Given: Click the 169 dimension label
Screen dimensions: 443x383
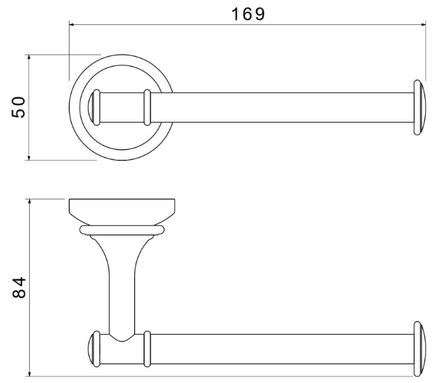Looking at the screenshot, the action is [x=248, y=14].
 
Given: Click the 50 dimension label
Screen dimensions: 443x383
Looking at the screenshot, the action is [x=18, y=107].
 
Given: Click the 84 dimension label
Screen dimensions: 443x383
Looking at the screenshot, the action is [x=19, y=288].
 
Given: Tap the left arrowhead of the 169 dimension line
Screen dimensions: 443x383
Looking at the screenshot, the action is [x=72, y=25].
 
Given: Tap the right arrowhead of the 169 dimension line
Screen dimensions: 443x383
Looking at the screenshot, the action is [x=423, y=25].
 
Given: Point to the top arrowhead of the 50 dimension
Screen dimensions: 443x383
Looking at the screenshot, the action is [x=29, y=57].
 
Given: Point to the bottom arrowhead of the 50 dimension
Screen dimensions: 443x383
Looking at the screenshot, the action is [x=29, y=158].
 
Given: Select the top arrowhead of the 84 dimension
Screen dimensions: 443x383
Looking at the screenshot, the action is [x=29, y=202].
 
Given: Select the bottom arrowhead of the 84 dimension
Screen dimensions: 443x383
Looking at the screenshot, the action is [x=29, y=374].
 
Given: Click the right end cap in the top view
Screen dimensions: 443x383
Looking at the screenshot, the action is [x=420, y=107].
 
